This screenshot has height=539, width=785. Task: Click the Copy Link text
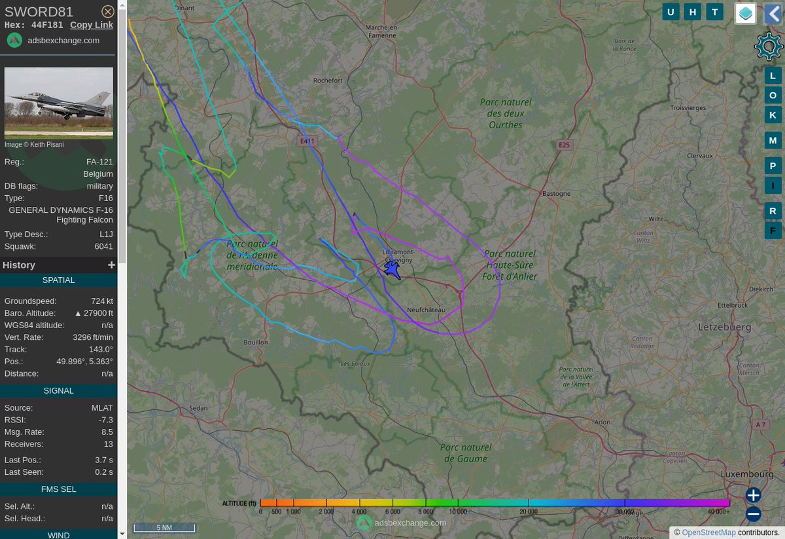coord(92,25)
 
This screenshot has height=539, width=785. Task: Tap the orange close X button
coord(108,11)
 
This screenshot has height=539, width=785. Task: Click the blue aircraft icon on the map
coord(392,269)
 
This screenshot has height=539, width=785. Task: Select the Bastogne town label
coord(557,194)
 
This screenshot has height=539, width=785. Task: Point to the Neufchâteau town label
coord(426,309)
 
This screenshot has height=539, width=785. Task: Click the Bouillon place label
coord(256,342)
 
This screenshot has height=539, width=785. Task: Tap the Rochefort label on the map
coord(328,81)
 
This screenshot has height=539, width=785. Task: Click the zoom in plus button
coord(754,495)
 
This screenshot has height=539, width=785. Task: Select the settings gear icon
coord(768,46)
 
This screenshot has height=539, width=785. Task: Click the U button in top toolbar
coord(671,12)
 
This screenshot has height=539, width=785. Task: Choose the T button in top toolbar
coord(715,12)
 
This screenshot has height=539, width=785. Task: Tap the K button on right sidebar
coord(773,115)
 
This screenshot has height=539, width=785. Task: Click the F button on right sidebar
coord(773,230)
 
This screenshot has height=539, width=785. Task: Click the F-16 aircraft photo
coord(59,103)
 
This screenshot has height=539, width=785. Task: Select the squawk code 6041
coord(104,247)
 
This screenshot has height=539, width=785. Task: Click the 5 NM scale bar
coord(164,527)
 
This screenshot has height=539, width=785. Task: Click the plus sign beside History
coord(111,265)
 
